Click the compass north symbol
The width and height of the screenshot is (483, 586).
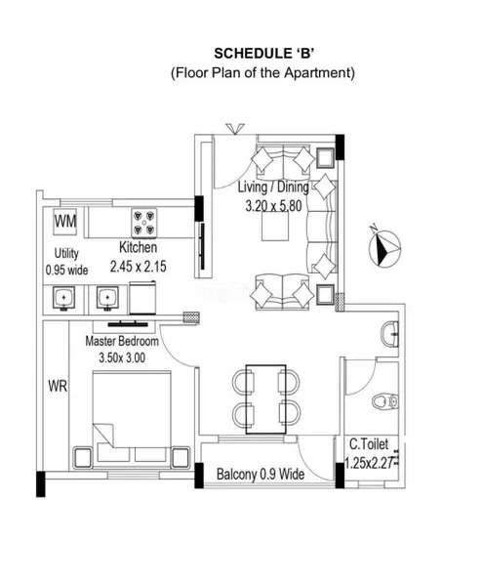point(384,247)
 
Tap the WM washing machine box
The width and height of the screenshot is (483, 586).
point(65,222)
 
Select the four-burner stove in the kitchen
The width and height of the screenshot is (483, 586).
point(143,223)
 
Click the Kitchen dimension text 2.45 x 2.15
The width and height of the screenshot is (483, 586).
point(139,267)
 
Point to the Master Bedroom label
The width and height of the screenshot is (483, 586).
point(122,341)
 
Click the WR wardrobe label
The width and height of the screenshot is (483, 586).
point(58,386)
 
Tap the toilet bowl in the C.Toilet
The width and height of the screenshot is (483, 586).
point(385,401)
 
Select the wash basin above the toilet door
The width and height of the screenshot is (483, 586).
point(389,334)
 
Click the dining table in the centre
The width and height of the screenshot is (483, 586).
point(265,399)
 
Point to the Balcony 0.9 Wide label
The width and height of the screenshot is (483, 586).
point(261,475)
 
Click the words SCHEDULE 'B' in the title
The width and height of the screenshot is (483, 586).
point(263,54)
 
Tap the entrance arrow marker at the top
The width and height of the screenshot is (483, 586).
point(235,129)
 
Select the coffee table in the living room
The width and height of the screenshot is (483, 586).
point(275,227)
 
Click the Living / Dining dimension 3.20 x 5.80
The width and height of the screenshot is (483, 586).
point(273,206)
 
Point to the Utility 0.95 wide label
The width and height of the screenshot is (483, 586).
point(66,262)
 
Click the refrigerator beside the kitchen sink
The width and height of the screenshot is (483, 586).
point(142,298)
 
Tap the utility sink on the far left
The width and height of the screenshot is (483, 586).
point(63,298)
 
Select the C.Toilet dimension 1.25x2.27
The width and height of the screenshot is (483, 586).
point(369,463)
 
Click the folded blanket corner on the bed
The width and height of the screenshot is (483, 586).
point(102,435)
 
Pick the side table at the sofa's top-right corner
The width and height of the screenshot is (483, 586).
point(325,157)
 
